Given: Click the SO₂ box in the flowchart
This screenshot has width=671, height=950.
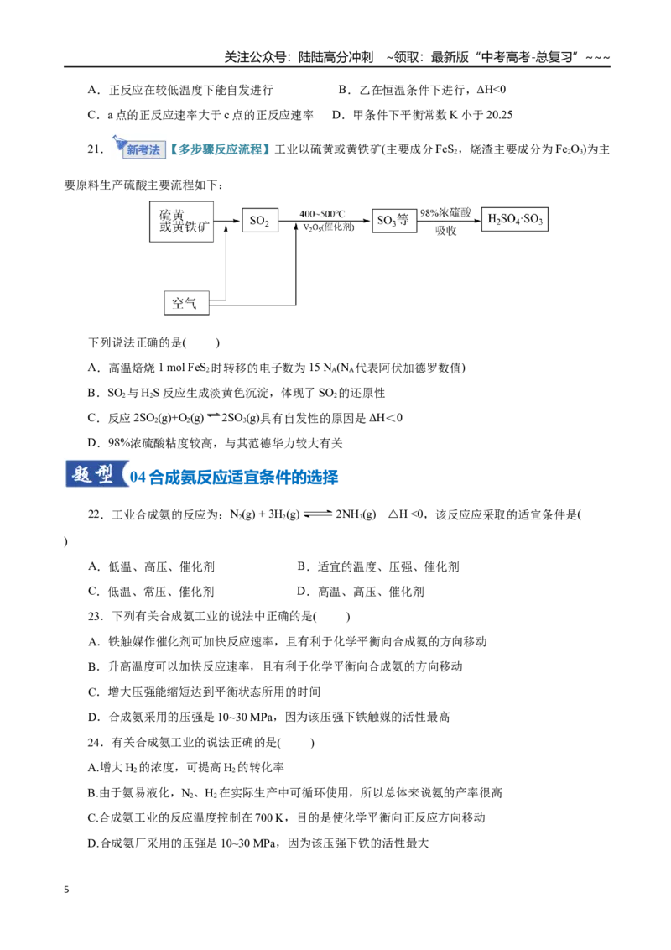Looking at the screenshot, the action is [x=260, y=221].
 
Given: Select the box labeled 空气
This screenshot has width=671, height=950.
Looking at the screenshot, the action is [x=186, y=303].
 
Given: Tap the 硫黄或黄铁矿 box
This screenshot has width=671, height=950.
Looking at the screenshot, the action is [x=182, y=222].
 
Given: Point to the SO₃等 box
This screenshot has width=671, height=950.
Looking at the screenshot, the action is [x=394, y=221].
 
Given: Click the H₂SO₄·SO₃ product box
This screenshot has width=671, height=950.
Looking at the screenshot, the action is [x=515, y=219].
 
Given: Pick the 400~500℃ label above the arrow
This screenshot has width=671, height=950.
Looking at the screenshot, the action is [x=322, y=214].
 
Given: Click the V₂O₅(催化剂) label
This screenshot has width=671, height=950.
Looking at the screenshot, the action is [x=329, y=227].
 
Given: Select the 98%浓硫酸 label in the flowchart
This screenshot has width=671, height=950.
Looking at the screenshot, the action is [x=445, y=212].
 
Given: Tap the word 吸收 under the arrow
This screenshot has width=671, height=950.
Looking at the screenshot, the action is [x=445, y=231].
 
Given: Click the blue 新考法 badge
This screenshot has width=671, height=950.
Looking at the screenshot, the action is [x=143, y=149].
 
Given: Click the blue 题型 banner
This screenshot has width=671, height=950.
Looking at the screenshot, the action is [x=95, y=474].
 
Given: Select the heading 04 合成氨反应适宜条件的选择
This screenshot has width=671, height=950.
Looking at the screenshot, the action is [x=234, y=478].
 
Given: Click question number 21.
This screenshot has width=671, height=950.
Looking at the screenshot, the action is [x=95, y=149].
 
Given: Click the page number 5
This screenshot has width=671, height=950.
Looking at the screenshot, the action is [x=66, y=890].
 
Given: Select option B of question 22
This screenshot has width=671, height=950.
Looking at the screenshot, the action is [x=378, y=567].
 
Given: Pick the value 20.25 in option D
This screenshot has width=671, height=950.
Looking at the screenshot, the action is [x=499, y=115].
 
